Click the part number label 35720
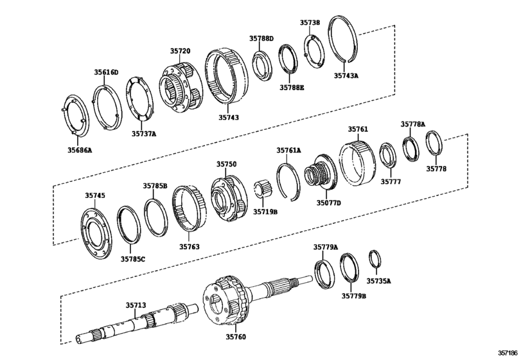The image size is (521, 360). [181, 51]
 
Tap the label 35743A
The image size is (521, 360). [346, 75]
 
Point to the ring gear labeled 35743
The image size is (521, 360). [227, 76]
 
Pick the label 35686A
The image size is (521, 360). [80, 150]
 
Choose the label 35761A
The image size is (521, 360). [288, 150]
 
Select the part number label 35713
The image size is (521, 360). [136, 305]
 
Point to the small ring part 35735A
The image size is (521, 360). [375, 259]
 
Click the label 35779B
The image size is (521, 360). [353, 296]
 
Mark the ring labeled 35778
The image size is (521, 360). [434, 143]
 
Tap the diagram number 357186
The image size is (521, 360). [508, 353]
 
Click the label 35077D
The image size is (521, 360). [328, 203]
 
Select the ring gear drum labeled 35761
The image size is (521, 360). [357, 163]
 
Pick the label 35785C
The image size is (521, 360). [132, 259]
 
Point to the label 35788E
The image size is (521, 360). [292, 87]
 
